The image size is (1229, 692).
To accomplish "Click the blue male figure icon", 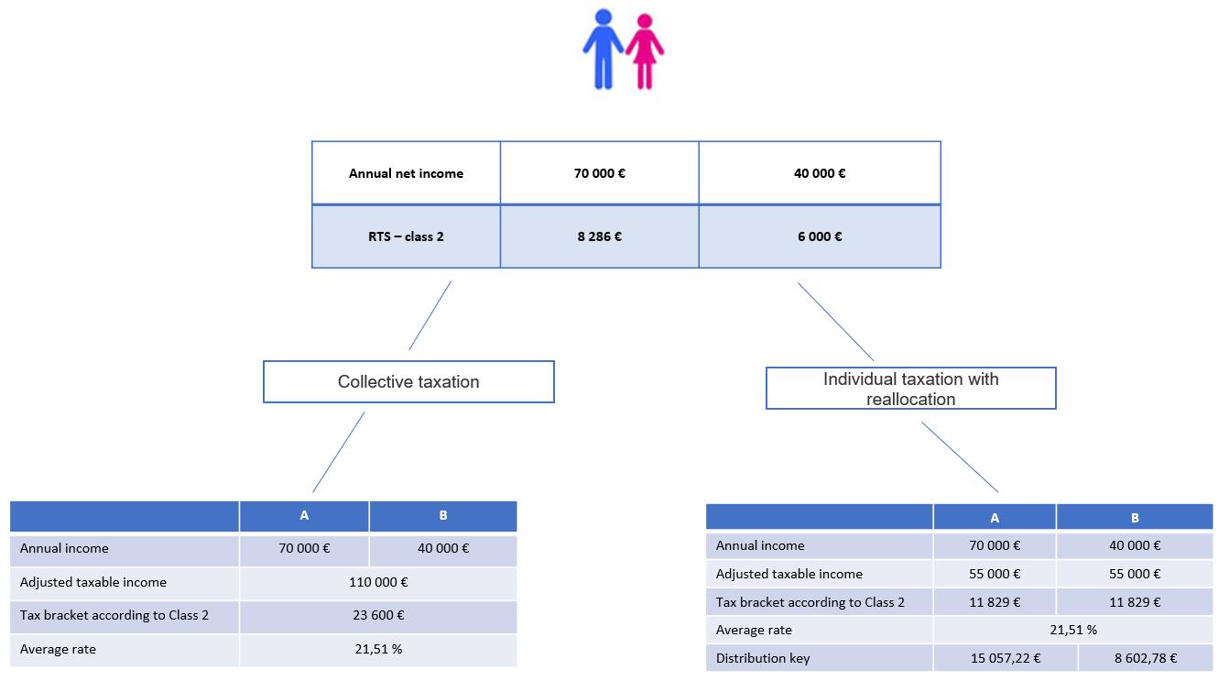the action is click(603, 49).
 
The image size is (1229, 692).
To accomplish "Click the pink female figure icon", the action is click(645, 51).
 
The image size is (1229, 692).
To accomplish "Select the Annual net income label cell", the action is click(406, 173).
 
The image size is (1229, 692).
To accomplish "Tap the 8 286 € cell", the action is click(599, 236).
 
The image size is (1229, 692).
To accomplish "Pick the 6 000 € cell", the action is click(820, 236).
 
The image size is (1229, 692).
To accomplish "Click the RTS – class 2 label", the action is click(406, 236).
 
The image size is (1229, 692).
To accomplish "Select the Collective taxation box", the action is click(408, 381).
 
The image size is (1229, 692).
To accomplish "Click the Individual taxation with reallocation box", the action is click(911, 389).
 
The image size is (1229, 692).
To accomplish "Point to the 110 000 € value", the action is click(378, 582).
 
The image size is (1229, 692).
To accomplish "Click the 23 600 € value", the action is click(378, 615).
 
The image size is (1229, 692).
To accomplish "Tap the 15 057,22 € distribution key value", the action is click(1006, 658).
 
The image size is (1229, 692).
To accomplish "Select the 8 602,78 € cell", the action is click(1146, 658).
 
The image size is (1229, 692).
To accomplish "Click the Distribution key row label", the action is click(763, 658).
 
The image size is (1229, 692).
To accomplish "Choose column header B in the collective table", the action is click(443, 516).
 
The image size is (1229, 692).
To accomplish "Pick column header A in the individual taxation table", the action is click(995, 517).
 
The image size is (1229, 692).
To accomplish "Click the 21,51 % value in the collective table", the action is click(378, 649).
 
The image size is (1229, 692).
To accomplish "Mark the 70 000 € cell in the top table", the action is click(599, 173).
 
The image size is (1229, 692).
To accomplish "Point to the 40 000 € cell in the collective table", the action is click(443, 549).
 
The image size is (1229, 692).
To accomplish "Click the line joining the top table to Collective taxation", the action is click(430, 316).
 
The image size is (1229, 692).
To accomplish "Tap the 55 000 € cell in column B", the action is click(1135, 574).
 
